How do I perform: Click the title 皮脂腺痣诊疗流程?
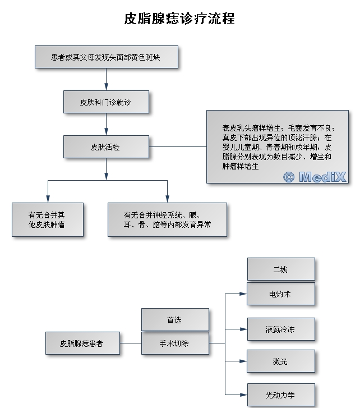(179, 19)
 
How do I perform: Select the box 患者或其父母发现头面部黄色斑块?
(106, 57)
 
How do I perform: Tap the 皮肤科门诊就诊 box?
(106, 102)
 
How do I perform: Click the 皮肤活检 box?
(106, 147)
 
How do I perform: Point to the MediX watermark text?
(322, 177)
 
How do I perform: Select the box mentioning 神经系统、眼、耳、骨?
(167, 219)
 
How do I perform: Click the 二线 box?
(280, 269)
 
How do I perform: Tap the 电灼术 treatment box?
(280, 294)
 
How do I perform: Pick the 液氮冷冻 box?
(280, 329)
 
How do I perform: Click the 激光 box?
(280, 361)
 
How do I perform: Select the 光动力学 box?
(280, 395)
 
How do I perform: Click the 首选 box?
(174, 320)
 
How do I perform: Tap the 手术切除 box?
(174, 343)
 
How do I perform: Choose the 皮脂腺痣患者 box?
(82, 343)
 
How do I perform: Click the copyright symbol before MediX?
(289, 177)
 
